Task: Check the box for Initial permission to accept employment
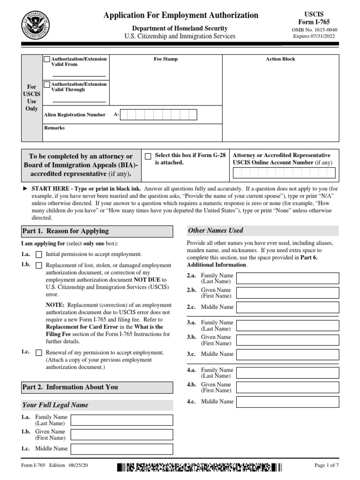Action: (x=39, y=255)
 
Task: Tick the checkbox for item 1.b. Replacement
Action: (x=39, y=265)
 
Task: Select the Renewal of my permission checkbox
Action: (x=39, y=352)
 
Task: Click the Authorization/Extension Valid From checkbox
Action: (x=47, y=60)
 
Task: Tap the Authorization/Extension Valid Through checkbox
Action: (x=47, y=85)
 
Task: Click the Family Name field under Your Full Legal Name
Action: (x=121, y=420)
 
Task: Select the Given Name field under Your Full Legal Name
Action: (x=121, y=435)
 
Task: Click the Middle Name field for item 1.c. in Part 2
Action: (x=121, y=449)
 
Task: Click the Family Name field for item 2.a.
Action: (x=287, y=278)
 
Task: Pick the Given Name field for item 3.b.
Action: (x=287, y=340)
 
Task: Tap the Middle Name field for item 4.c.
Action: (x=287, y=402)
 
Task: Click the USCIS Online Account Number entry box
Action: (x=284, y=173)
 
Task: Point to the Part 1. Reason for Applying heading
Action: (x=65, y=231)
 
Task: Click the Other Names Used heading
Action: (x=216, y=230)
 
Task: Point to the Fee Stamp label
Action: (x=166, y=60)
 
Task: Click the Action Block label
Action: (x=280, y=60)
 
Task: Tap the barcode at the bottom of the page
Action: (x=200, y=467)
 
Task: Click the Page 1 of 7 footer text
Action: (x=326, y=465)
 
